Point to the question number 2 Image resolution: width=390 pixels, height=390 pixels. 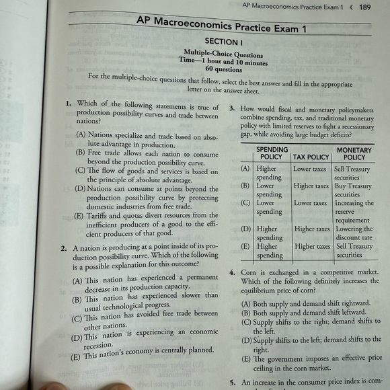[x=63, y=249]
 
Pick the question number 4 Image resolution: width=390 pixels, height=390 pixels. [x=231, y=274]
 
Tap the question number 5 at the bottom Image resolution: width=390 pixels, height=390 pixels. [x=232, y=383]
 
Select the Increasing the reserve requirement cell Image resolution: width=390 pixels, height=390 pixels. [x=354, y=211]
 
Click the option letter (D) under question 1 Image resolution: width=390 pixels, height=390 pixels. [x=80, y=189]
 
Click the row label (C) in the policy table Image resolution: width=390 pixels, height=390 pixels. [x=245, y=202]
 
